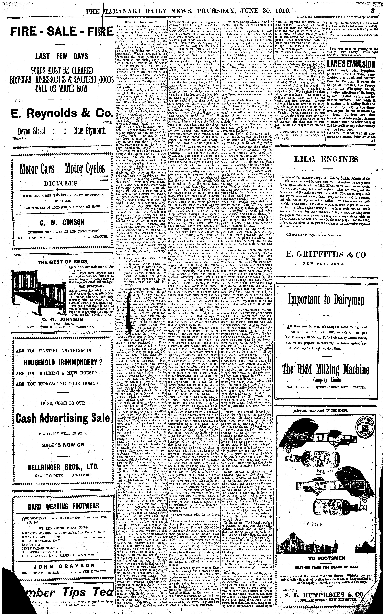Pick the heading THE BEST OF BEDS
click(x=62, y=262)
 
